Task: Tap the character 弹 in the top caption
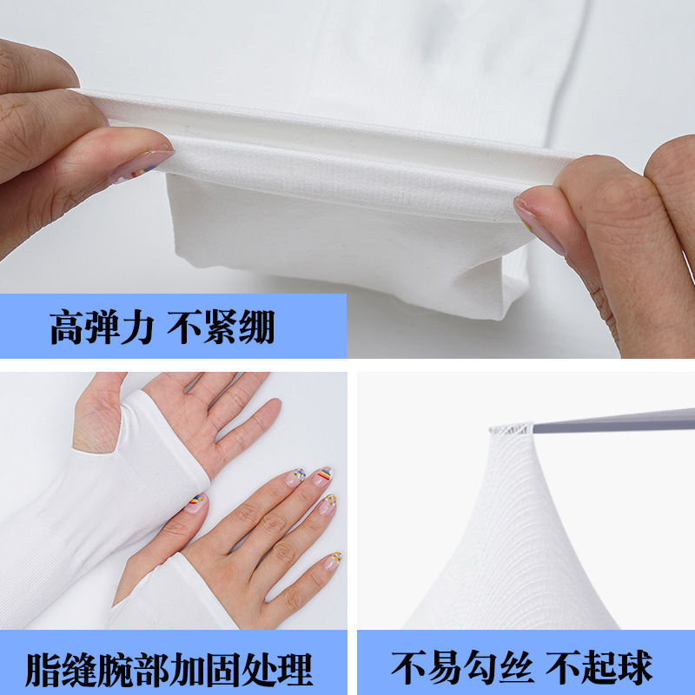(103, 329)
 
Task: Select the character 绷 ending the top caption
(258, 329)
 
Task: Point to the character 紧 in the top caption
(221, 329)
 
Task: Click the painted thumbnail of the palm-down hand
(197, 502)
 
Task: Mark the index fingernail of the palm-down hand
(297, 476)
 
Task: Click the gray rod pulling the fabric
(608, 421)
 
